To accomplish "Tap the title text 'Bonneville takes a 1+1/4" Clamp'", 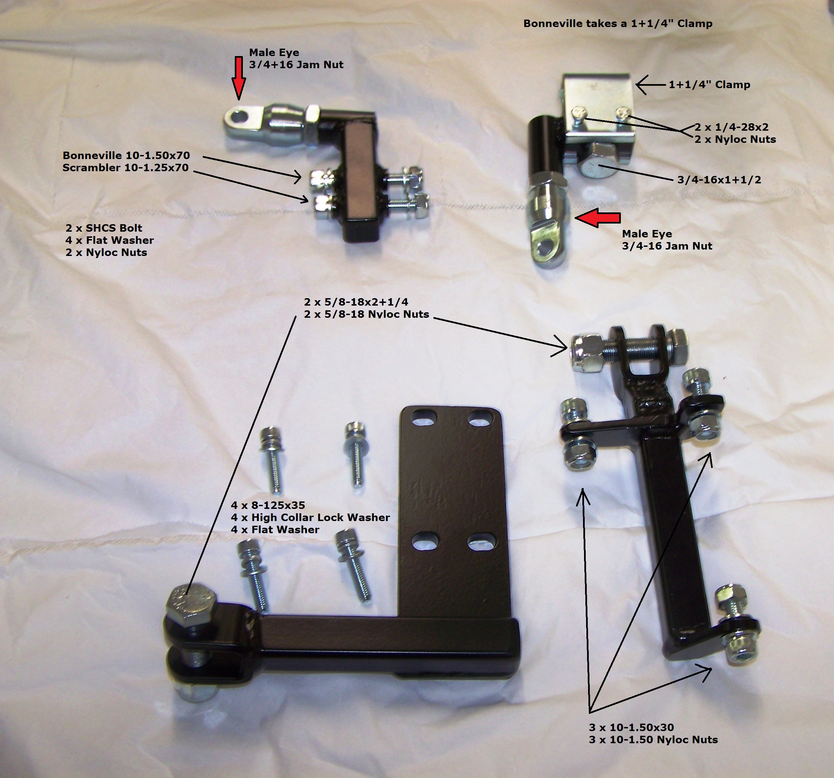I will [617, 24].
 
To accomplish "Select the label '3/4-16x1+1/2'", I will [719, 180].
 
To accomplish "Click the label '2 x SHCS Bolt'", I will [104, 228].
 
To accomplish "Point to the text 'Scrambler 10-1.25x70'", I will [125, 168].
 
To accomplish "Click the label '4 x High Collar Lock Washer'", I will [310, 518].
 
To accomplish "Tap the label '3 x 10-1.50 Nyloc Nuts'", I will [653, 740].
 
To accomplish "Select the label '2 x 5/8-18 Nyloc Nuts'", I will [366, 314].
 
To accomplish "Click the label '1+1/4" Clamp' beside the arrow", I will [709, 85].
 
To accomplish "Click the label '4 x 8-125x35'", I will [268, 505].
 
